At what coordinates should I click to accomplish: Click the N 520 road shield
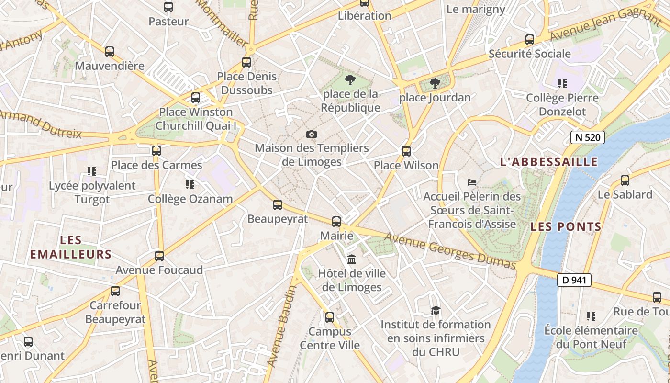[588, 138]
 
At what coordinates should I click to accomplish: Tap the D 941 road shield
[574, 280]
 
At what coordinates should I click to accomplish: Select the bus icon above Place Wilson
[406, 151]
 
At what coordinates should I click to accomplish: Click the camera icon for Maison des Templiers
[312, 134]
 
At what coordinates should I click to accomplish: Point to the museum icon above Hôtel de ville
[352, 259]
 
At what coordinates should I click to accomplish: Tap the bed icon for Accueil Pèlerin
[472, 182]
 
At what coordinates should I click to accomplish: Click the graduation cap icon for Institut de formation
[435, 310]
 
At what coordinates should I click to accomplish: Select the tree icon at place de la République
[350, 79]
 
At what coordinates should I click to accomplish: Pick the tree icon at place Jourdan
[435, 83]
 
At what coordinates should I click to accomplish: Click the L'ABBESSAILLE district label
[549, 162]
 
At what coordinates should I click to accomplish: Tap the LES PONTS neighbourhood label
[566, 227]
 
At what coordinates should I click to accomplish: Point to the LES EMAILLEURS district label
[71, 247]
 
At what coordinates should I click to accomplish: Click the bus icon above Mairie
[336, 221]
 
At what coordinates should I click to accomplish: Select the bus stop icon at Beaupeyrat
[278, 205]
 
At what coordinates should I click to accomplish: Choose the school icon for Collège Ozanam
[190, 184]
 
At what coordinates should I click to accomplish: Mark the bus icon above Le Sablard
[625, 180]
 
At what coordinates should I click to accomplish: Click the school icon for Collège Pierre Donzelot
[562, 84]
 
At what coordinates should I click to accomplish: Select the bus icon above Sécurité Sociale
[530, 40]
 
